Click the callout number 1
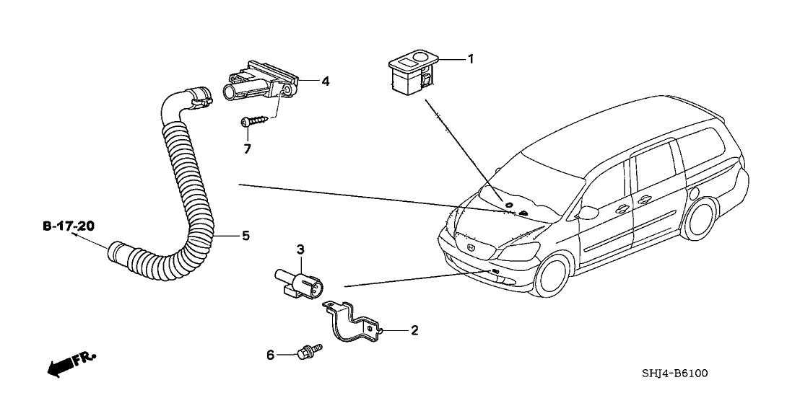click(471, 59)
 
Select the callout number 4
click(326, 82)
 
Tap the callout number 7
click(247, 148)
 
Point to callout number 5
click(245, 235)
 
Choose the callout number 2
click(414, 330)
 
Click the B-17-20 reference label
click(68, 226)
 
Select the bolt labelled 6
click(309, 352)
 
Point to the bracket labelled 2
click(354, 322)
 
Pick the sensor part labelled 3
click(296, 280)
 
